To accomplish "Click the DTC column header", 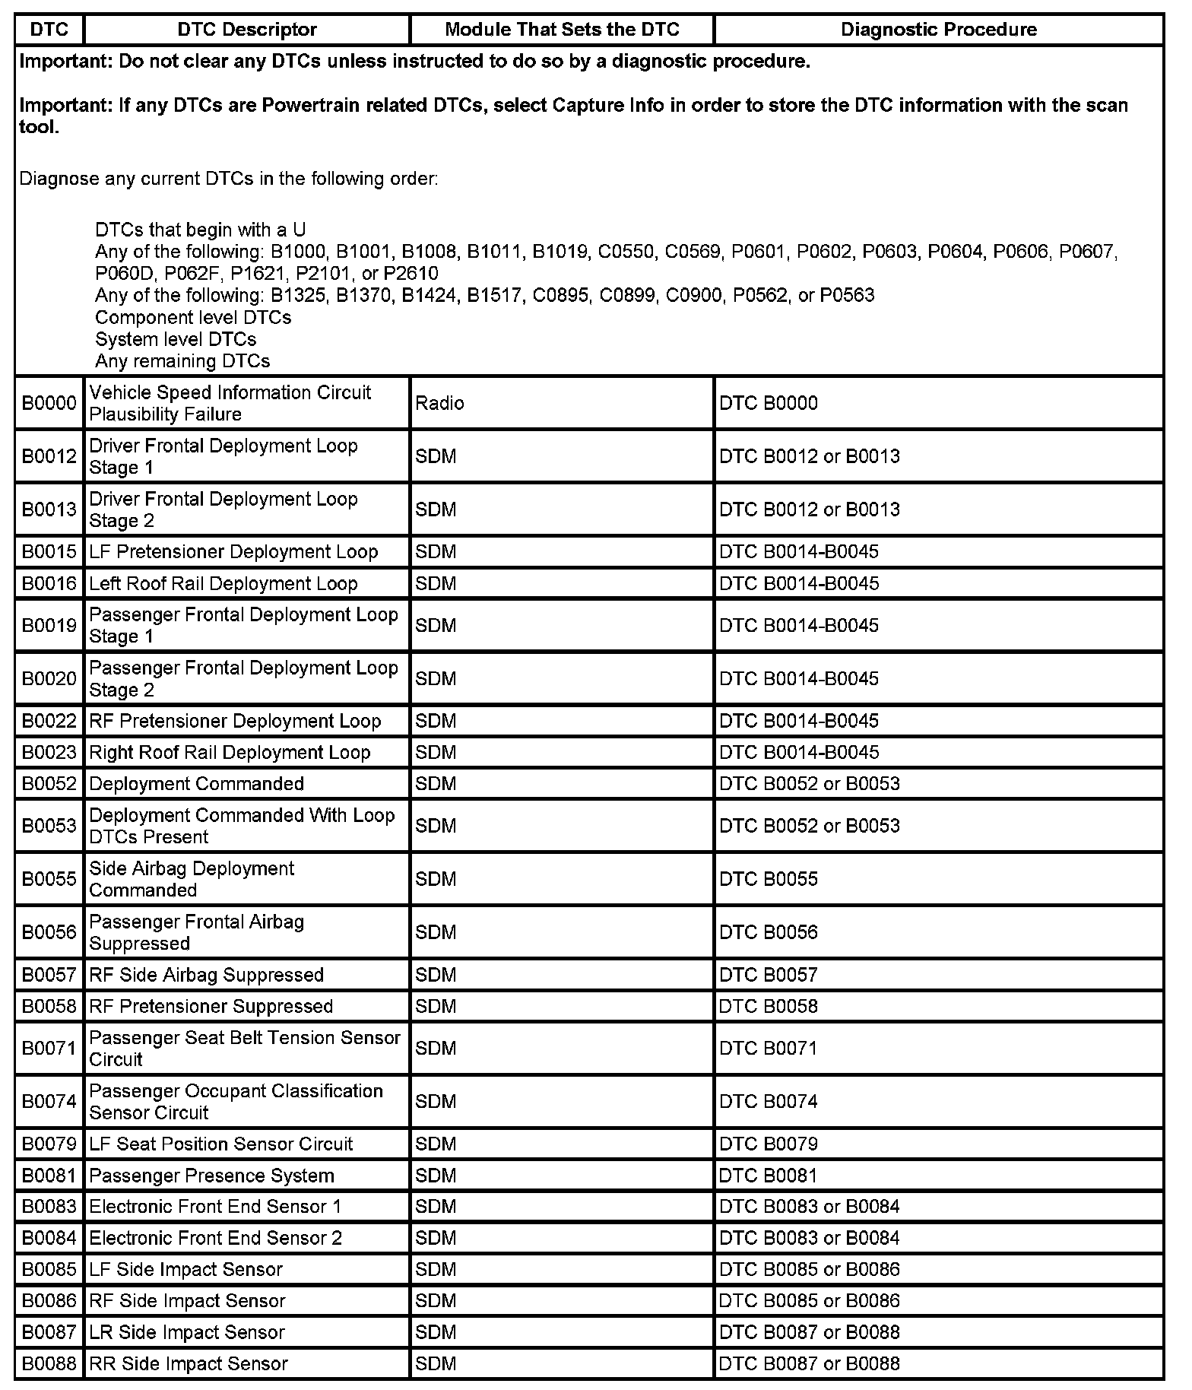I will coord(49,30).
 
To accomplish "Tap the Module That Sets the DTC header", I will coord(562,30).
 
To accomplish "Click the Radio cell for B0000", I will coord(439,403).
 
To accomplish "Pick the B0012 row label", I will coord(49,456).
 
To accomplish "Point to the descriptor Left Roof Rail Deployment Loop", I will coord(223,583).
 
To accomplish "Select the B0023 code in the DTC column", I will coord(49,752).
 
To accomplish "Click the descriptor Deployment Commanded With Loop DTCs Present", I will coord(242,826).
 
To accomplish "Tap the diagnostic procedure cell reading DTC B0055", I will coord(769,879).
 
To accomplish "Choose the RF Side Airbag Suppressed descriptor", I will coord(207,975).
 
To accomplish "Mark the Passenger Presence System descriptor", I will coord(212,1176).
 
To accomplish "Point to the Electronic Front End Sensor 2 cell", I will coord(216,1238).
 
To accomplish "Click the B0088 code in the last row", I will coord(49,1363).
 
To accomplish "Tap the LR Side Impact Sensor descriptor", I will coord(187,1332).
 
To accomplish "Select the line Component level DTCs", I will coord(193,317).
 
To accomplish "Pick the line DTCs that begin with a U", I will coord(201,230).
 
